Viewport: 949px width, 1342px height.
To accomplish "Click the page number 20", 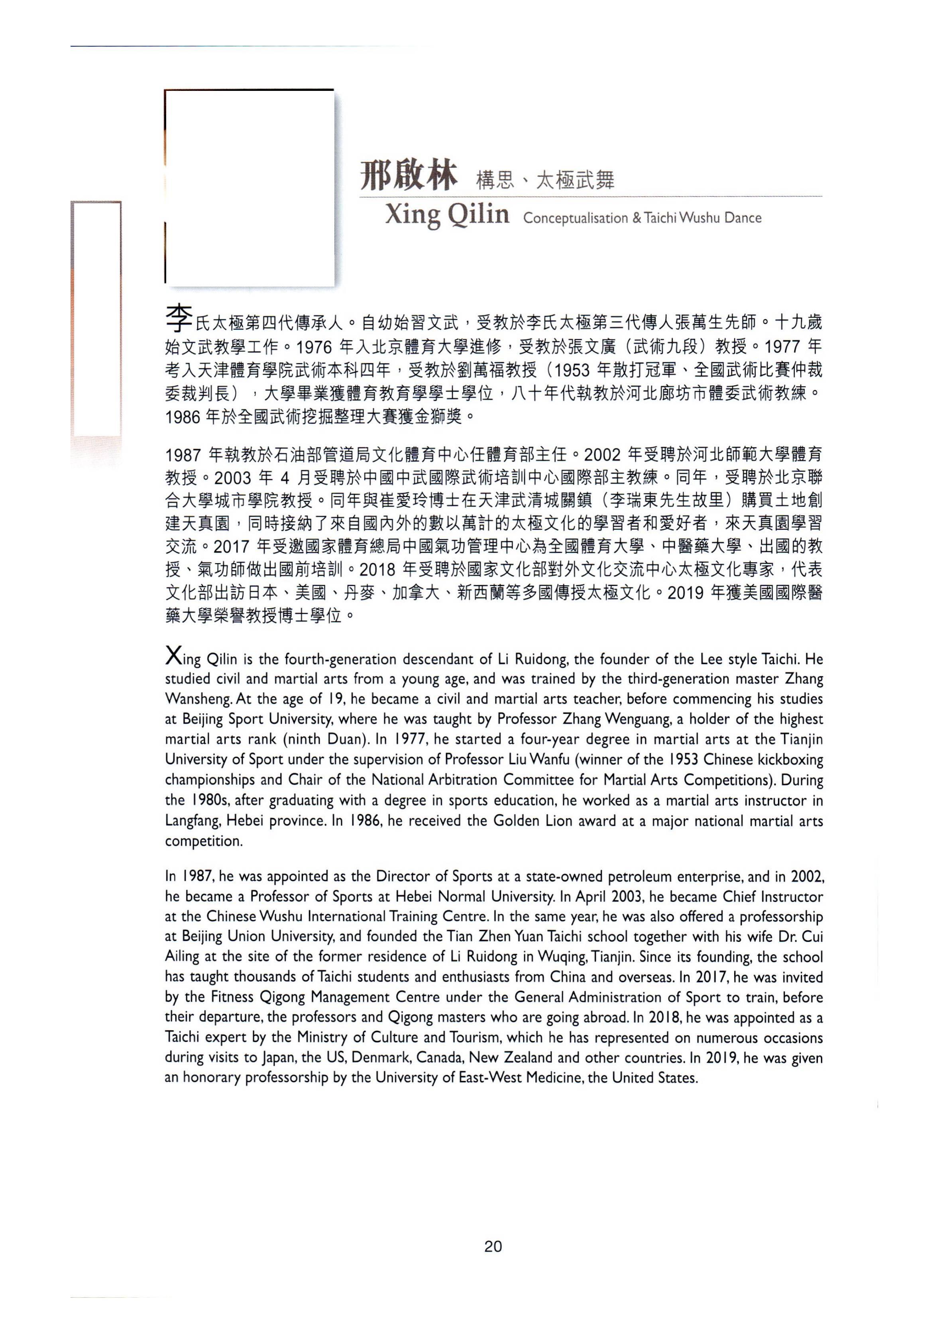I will coord(493,1247).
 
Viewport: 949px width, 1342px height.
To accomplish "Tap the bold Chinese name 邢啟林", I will coord(408,175).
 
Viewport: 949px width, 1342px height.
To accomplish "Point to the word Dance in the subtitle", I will coord(743,218).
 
